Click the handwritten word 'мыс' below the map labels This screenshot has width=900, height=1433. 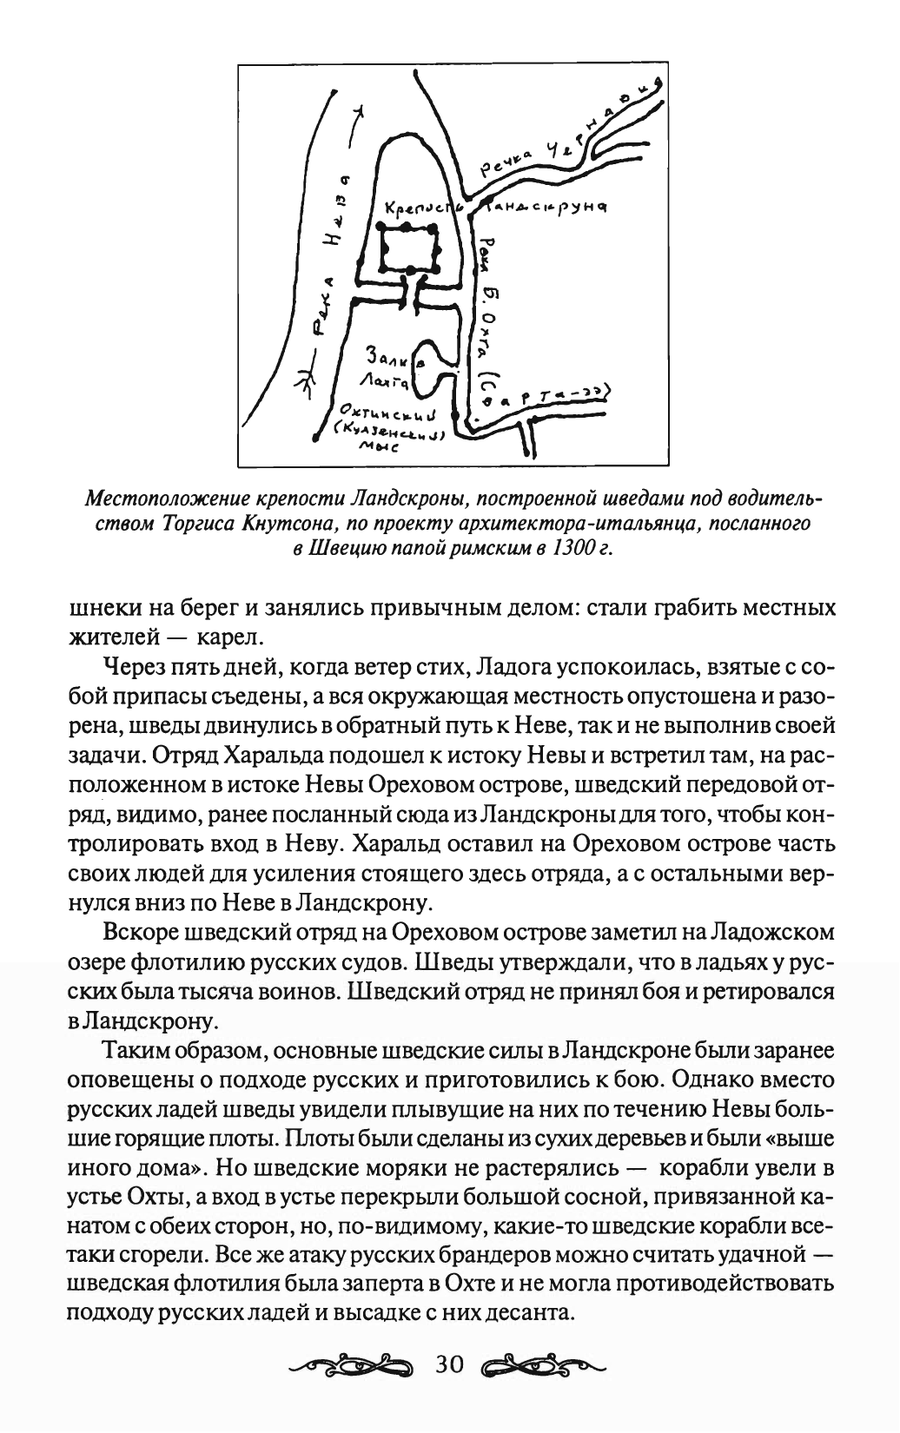[x=382, y=449]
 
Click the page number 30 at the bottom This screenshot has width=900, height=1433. [x=451, y=1364]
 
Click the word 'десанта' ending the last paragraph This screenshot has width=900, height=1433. [x=539, y=1311]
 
